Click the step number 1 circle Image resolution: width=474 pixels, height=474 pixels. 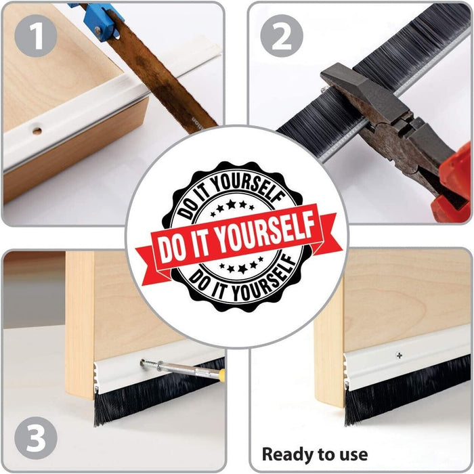(x=36, y=36)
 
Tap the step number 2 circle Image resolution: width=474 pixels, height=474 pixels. (x=282, y=36)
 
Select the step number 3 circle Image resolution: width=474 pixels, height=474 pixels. (x=36, y=438)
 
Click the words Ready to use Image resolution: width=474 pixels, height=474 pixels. (x=315, y=454)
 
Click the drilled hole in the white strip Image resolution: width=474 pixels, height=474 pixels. (x=37, y=131)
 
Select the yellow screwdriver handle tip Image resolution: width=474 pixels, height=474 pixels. (x=221, y=374)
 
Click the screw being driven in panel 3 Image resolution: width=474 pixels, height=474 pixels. (x=150, y=364)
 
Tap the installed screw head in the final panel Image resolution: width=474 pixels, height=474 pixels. (x=400, y=355)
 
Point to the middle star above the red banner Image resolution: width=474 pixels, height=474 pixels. (x=231, y=204)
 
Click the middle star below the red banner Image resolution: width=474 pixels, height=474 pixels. (x=242, y=268)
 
